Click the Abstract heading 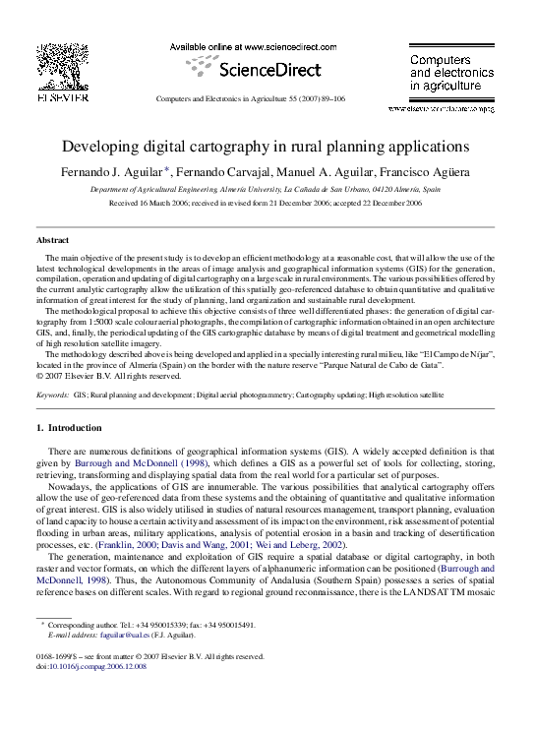[x=52, y=240]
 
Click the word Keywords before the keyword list [x=52, y=395]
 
